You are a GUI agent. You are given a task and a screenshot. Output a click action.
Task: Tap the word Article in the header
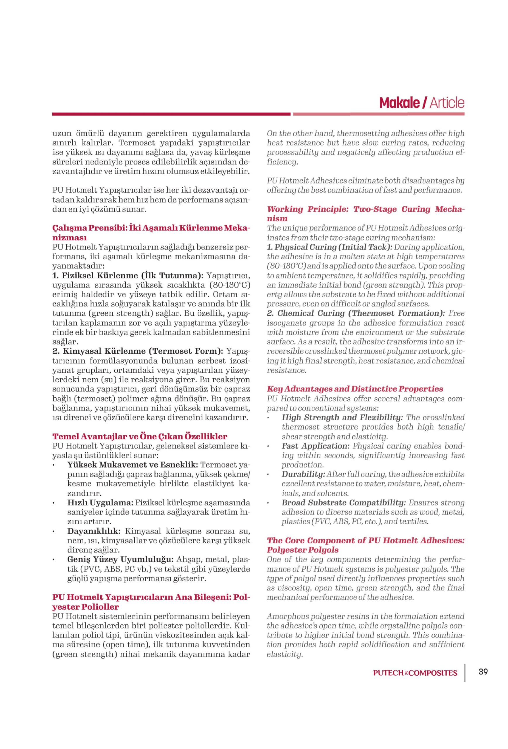(x=447, y=103)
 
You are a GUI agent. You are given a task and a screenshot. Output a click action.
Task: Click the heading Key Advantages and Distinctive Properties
(x=355, y=389)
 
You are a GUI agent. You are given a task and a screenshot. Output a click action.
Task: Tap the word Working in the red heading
(x=285, y=209)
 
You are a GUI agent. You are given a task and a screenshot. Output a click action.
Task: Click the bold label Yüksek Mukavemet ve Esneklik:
(x=132, y=465)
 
